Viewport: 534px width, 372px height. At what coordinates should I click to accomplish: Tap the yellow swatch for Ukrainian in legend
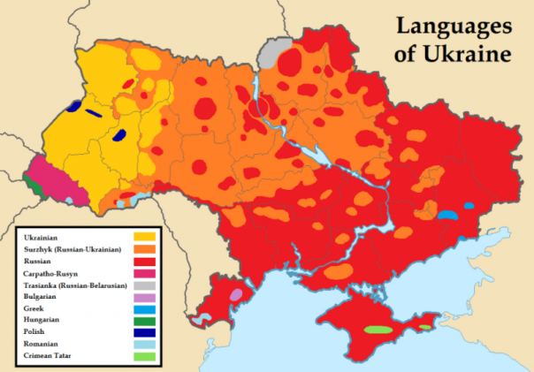point(143,236)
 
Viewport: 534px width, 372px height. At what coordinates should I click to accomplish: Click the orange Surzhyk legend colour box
point(143,249)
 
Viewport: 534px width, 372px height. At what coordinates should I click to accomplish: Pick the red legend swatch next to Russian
point(143,262)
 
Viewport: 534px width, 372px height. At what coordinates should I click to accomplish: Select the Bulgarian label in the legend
point(42,302)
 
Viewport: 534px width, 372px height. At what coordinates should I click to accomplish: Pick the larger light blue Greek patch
point(448,215)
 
